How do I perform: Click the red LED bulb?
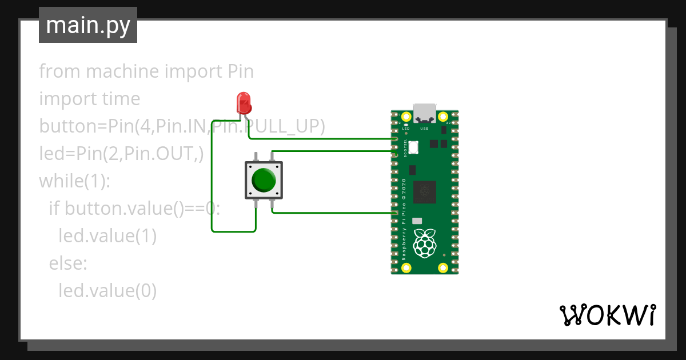[244, 103]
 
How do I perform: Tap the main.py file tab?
[88, 25]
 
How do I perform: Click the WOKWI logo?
[607, 315]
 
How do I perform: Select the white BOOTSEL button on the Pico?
[413, 147]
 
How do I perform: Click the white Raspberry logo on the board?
[424, 242]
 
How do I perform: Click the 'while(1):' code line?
[74, 181]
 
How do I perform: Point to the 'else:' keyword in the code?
[67, 263]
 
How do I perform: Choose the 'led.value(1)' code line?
[107, 236]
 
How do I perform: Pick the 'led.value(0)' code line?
[107, 291]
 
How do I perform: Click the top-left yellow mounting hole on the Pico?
[406, 117]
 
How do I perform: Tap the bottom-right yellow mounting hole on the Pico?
[442, 267]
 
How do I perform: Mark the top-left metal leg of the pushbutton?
[256, 156]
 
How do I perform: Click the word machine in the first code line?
[122, 71]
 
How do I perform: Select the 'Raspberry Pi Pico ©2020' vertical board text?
[404, 220]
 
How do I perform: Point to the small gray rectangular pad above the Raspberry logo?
[417, 221]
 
